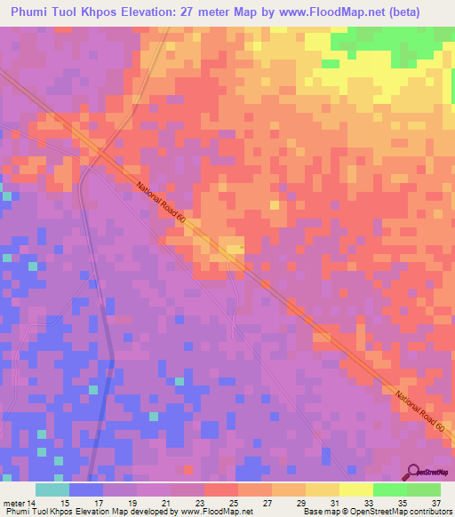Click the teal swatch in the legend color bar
point(52,489)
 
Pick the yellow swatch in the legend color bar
point(323,489)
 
